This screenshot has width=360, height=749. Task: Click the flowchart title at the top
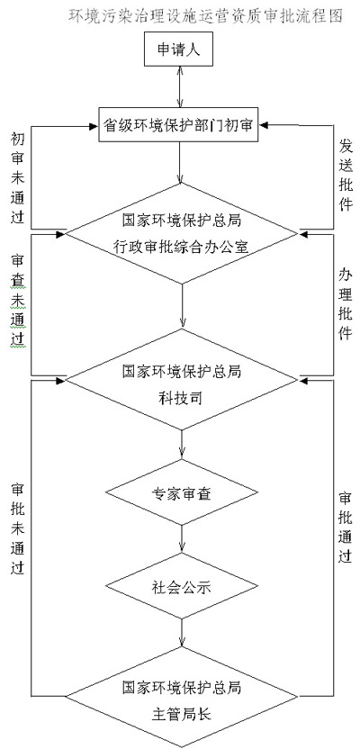[206, 16]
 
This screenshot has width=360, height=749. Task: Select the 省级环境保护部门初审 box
[179, 126]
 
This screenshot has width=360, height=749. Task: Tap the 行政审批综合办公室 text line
[182, 247]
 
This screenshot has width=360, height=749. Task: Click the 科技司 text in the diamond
[182, 397]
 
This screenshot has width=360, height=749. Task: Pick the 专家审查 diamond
[182, 493]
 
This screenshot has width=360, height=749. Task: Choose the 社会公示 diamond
[182, 586]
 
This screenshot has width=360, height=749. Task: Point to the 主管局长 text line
[182, 715]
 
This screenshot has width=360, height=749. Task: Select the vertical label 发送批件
[346, 174]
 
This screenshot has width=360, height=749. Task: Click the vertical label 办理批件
[346, 303]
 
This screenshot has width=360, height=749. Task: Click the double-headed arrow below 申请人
[179, 88]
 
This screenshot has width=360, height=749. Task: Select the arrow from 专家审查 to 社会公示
[182, 539]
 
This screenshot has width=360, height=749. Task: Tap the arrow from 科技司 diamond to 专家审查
[182, 445]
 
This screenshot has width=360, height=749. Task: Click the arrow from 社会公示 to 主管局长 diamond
[182, 633]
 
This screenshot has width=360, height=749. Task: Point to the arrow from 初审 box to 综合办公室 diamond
[180, 163]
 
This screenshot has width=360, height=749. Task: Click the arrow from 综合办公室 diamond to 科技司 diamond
[182, 306]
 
